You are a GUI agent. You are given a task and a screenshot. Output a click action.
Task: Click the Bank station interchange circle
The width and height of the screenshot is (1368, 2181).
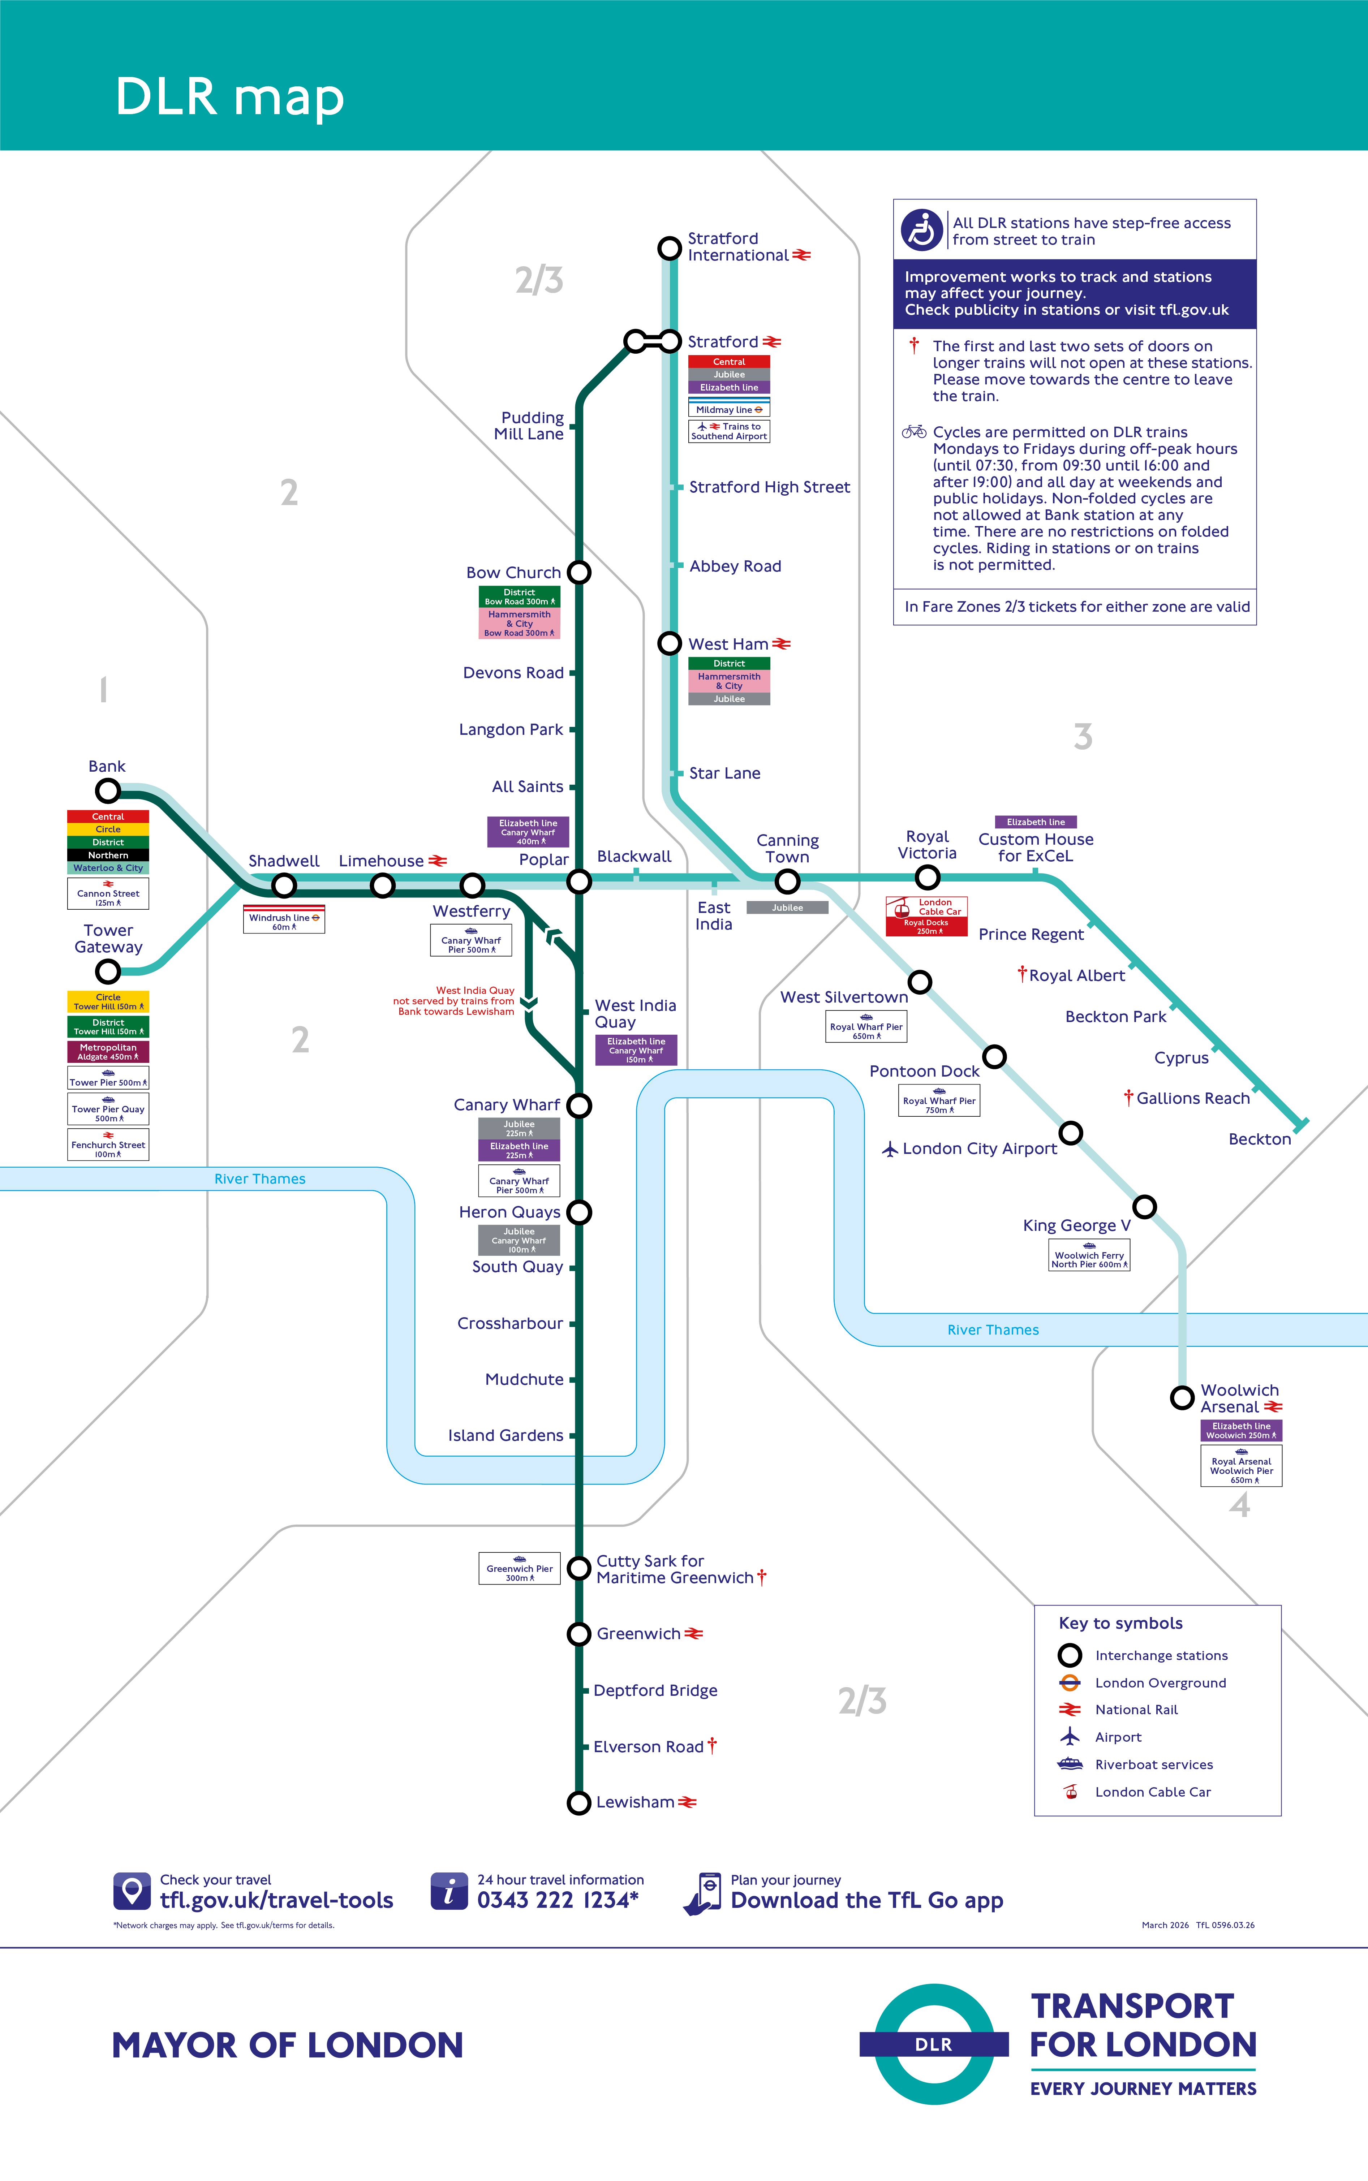click(x=108, y=790)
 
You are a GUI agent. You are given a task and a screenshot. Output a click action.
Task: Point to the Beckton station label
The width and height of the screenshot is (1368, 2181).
click(x=1260, y=1139)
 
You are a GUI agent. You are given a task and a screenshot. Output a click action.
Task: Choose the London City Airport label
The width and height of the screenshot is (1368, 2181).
click(x=980, y=1149)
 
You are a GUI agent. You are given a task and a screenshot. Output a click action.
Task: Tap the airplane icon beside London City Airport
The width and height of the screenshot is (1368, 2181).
click(x=890, y=1149)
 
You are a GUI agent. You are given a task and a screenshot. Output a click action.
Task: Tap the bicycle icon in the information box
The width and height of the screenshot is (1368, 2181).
click(x=914, y=432)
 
